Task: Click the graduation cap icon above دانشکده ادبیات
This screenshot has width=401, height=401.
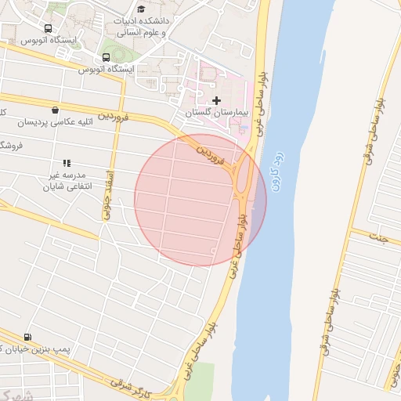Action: pyautogui.click(x=141, y=9)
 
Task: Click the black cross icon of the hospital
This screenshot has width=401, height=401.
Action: pyautogui.click(x=217, y=100)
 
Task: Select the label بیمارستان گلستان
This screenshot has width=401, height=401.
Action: pyautogui.click(x=215, y=114)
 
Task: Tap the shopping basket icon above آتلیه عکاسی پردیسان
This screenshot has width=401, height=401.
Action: pyautogui.click(x=54, y=110)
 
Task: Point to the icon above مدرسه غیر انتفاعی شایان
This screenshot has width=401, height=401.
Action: pyautogui.click(x=67, y=163)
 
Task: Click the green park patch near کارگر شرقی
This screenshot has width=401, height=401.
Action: pyautogui.click(x=200, y=379)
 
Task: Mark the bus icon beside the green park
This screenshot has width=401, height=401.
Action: pyautogui.click(x=107, y=57)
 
